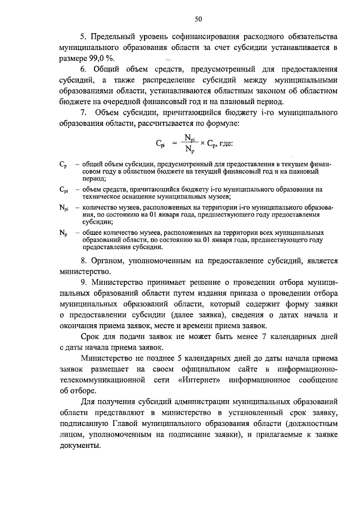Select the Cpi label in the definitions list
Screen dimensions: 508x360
(64, 190)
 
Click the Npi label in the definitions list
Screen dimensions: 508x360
(64, 208)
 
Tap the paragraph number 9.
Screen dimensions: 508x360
(83, 281)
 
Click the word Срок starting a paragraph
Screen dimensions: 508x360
(91, 336)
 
